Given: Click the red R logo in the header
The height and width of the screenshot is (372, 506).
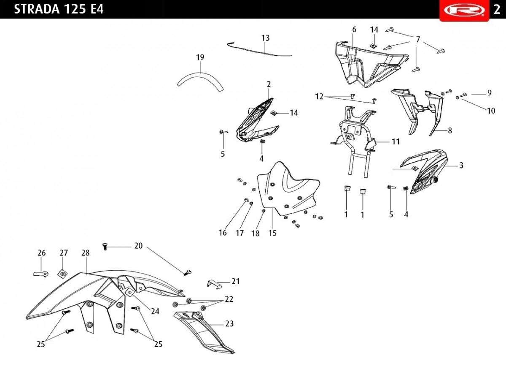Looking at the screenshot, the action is tap(464, 11).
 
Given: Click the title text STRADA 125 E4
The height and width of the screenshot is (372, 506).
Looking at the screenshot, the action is tap(59, 9).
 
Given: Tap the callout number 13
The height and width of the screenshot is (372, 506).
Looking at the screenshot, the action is tap(265, 38).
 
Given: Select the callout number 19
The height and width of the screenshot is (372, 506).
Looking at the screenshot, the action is tap(200, 57).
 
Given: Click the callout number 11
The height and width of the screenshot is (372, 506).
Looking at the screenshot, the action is tap(396, 141).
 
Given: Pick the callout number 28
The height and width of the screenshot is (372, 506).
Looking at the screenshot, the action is tap(86, 253).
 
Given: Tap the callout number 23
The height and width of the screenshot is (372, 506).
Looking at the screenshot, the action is tap(229, 323).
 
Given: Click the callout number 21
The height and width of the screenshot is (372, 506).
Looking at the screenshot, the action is tap(236, 281).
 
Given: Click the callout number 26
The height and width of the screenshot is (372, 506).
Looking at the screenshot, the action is tap(42, 253).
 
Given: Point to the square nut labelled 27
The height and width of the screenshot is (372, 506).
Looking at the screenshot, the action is tap(62, 274).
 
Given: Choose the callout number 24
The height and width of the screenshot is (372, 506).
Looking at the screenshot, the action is tap(155, 311).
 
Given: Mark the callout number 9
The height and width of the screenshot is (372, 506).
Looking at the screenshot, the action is tap(490, 93).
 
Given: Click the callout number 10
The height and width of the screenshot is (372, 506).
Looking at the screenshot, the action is tap(491, 111).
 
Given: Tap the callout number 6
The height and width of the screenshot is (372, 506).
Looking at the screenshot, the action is tap(354, 30).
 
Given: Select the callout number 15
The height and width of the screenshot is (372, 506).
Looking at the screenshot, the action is tap(272, 233).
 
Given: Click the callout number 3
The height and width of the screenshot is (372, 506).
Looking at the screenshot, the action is tap(461, 165).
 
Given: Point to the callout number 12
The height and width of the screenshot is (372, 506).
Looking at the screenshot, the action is tap(319, 97).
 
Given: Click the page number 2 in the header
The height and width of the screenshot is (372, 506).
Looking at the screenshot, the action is tap(497, 10).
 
